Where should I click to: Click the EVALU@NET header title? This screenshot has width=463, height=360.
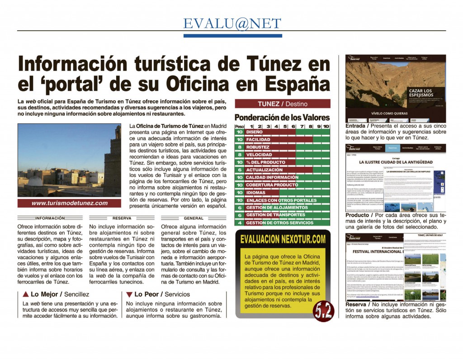(232, 24)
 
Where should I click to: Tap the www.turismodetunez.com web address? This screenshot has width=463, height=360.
(70, 203)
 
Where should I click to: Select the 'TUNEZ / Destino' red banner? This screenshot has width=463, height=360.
(282, 104)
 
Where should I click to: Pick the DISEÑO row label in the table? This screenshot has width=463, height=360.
(255, 133)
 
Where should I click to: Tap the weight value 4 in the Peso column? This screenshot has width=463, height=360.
(240, 223)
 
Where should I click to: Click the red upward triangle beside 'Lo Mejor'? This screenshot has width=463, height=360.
(25, 294)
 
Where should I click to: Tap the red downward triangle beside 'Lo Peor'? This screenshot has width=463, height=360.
(129, 294)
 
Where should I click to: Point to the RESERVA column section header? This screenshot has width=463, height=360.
(122, 218)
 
